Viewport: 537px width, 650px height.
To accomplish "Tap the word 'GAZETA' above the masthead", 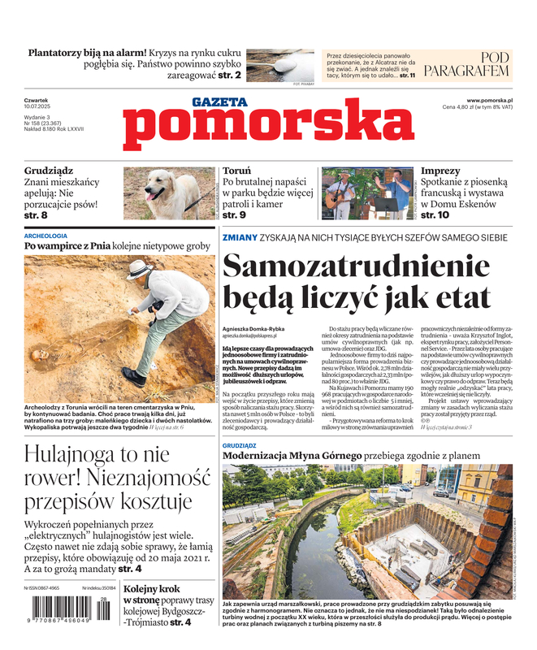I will pos(219,102).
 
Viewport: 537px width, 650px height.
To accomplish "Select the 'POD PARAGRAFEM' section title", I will pos(477,64).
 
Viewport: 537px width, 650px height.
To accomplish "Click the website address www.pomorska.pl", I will pos(495,100).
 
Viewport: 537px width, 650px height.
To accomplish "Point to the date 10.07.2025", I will pos(37,108).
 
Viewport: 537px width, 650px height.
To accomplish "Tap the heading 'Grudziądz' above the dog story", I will pos(49,171).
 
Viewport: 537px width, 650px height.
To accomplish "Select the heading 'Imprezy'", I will pos(440,171).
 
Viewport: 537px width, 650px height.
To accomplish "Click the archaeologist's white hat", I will pos(139,270).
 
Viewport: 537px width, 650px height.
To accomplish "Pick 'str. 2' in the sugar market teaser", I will pos(229,75).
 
